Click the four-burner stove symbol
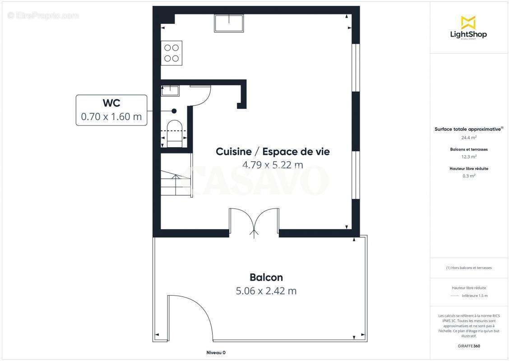(172, 53)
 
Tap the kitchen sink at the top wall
(229, 23)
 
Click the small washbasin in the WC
(170, 90)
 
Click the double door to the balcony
(254, 222)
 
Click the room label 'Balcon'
(266, 277)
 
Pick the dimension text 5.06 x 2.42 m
(266, 291)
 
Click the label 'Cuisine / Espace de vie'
(273, 152)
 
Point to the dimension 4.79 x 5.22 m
(273, 165)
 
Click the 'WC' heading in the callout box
(111, 103)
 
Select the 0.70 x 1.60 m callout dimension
(111, 117)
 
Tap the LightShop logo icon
(468, 23)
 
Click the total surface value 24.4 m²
(468, 138)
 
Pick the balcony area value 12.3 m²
(469, 157)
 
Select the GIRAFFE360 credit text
(468, 346)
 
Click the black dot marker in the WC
(174, 111)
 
